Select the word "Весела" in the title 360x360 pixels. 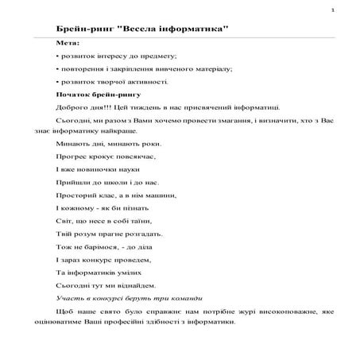[138, 29]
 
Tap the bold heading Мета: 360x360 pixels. [68, 42]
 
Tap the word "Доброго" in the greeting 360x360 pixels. [72, 108]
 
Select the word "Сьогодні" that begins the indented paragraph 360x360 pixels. [72, 122]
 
